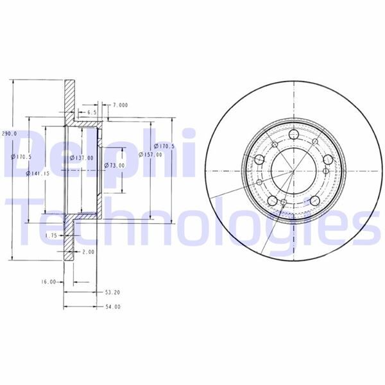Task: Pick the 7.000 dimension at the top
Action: [120, 105]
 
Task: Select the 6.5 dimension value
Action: [92, 112]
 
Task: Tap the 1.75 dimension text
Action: [52, 236]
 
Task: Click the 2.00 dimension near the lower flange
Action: [88, 252]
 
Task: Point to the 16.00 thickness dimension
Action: [49, 282]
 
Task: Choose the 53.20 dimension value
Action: [112, 292]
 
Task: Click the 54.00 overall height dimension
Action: [112, 307]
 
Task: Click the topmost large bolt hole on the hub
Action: [294, 135]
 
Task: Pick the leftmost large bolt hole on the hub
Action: [260, 160]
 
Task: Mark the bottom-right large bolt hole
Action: [315, 201]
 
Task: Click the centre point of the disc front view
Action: [293, 172]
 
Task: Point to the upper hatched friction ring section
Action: [69, 99]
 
